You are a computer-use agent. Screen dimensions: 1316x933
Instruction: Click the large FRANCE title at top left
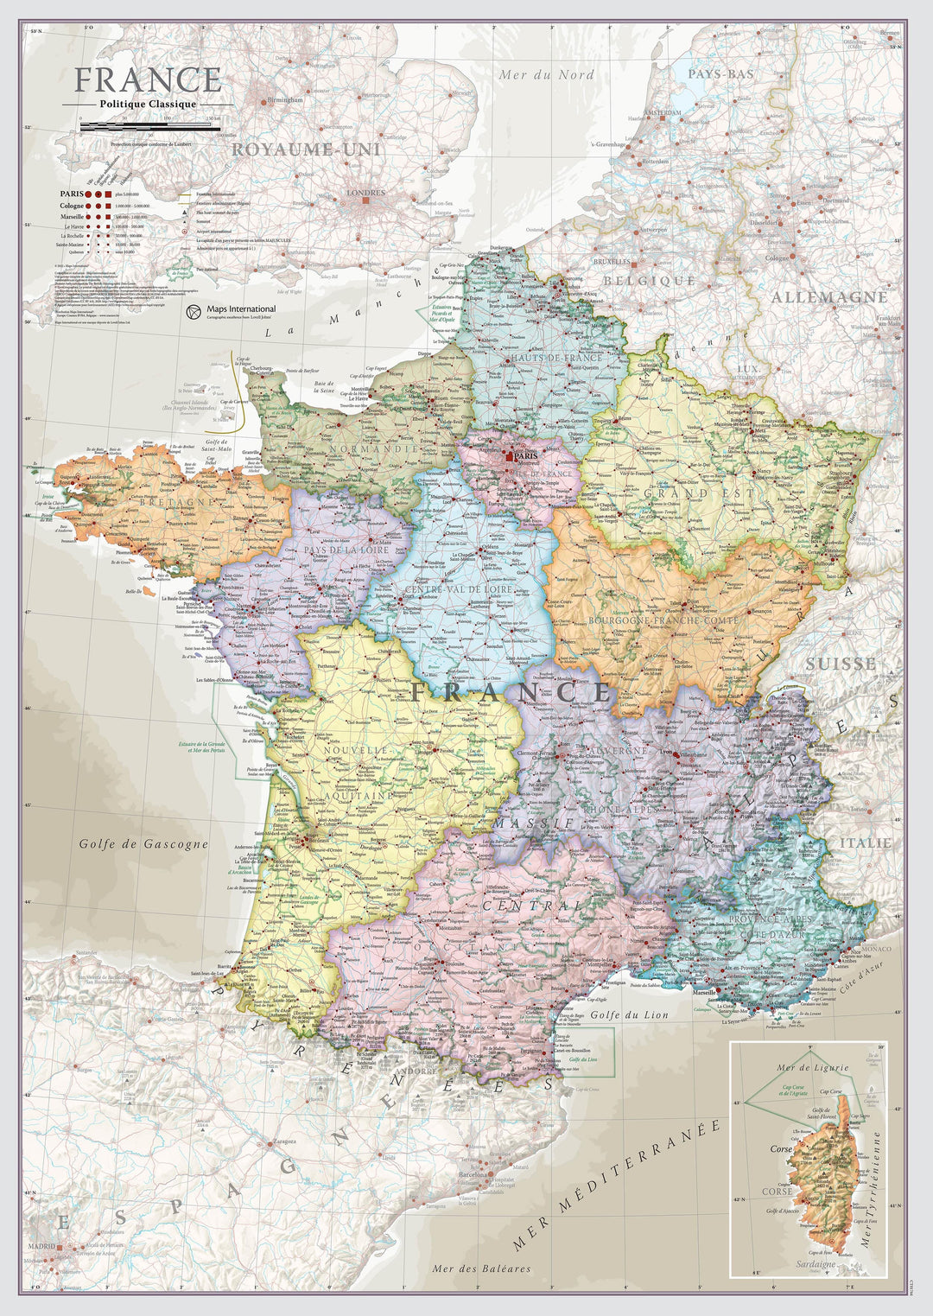148,79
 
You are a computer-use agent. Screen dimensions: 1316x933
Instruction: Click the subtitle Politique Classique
148,105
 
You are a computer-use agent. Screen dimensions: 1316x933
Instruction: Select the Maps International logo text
241,308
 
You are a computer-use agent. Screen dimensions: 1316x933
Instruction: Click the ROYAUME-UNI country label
307,149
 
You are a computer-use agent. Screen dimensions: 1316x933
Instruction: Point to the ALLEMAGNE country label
828,297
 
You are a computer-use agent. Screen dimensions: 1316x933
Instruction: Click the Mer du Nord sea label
546,75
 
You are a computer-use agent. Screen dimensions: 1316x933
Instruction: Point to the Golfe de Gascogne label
143,843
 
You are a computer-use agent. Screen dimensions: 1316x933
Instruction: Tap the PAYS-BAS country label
720,74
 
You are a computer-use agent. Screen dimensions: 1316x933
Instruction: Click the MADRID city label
41,1247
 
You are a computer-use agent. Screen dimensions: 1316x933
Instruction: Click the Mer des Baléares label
481,1268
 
